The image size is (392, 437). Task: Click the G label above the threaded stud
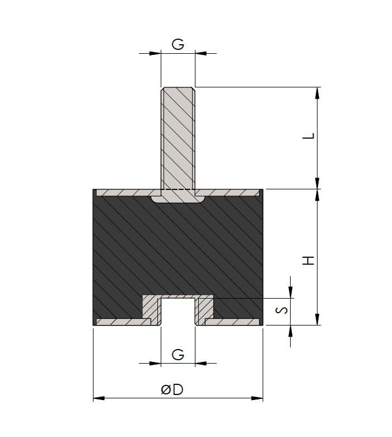coord(178,44)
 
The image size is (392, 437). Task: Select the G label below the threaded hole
coord(178,354)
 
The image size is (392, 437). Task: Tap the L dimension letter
coord(309,136)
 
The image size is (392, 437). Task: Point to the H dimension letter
coord(309,261)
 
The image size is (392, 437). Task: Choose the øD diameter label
coord(172,390)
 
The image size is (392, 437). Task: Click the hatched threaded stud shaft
coord(178,140)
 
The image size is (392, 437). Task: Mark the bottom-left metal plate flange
coord(123,322)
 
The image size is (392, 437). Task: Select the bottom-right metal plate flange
coord(232,322)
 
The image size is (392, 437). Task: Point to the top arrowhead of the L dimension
coord(318,93)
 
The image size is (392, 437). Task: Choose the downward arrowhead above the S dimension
coord(291,292)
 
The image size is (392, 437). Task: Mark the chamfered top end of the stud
coord(178,89)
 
